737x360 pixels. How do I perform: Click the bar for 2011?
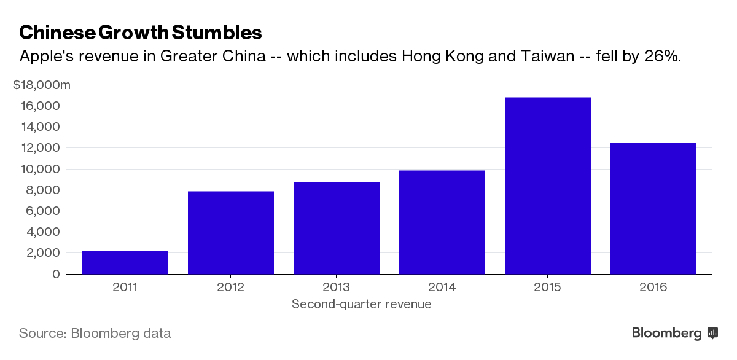tap(125, 262)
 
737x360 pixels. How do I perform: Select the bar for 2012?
tap(231, 233)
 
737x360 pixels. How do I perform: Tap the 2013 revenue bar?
tap(337, 228)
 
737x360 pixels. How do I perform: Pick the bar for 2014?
tap(442, 222)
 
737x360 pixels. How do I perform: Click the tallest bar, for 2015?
tap(548, 186)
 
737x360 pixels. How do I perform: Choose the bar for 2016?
tap(653, 208)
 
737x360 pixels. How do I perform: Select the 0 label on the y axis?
tap(57, 274)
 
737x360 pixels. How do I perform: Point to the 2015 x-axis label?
tap(548, 288)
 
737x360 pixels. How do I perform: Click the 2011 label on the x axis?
tap(125, 288)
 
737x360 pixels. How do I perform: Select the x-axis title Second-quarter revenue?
tap(361, 304)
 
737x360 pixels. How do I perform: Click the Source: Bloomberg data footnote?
tap(95, 334)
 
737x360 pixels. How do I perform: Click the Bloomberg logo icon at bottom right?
tap(713, 333)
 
